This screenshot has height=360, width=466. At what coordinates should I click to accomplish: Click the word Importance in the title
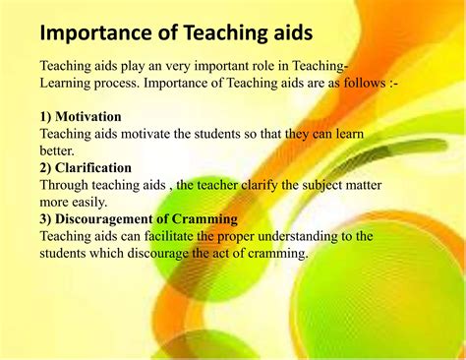tap(95, 32)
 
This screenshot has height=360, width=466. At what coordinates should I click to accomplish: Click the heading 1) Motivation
tap(84, 116)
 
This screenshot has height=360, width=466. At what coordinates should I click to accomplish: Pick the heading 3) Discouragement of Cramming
tap(139, 218)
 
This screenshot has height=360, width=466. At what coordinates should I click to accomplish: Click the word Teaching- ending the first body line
tap(314, 66)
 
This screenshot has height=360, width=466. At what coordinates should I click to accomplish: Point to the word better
tap(56, 150)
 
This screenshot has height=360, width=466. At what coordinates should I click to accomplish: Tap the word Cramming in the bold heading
tap(203, 218)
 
